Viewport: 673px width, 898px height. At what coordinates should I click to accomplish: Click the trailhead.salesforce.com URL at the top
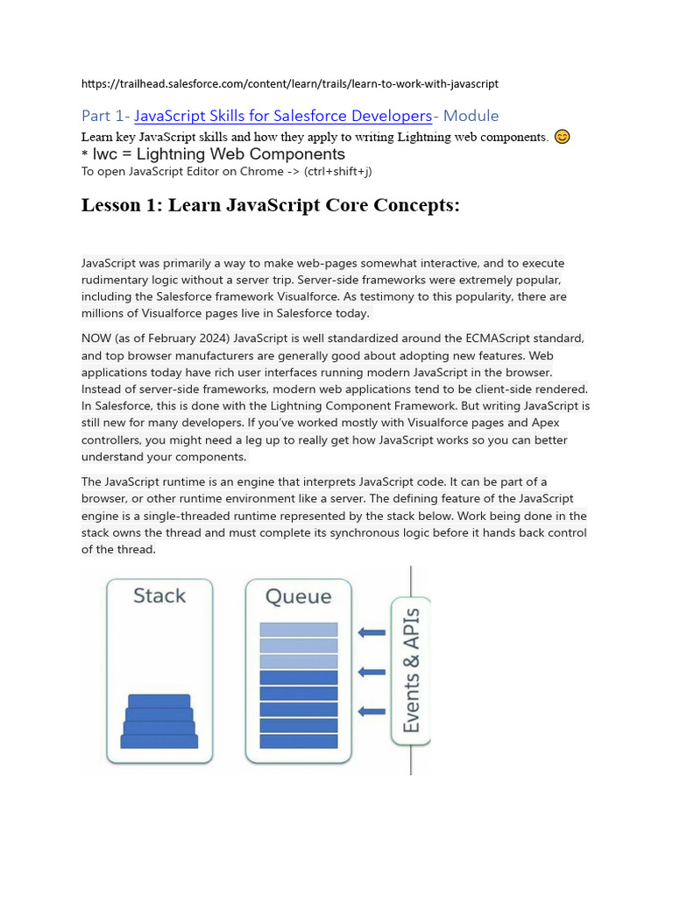[289, 84]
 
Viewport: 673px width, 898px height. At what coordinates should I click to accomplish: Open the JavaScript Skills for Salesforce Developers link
[283, 116]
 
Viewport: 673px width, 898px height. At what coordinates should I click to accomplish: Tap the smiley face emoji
[563, 137]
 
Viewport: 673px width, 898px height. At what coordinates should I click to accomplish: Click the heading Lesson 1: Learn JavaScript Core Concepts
[270, 205]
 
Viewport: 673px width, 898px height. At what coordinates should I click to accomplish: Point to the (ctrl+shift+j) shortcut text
[338, 171]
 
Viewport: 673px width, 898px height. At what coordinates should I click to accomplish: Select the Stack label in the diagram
[159, 596]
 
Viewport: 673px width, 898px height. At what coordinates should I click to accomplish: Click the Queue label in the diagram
[299, 596]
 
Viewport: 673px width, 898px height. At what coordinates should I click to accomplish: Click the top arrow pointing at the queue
[372, 632]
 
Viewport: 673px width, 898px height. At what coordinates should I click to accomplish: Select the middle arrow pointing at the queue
[372, 672]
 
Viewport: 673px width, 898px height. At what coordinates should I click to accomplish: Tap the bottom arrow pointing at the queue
[372, 711]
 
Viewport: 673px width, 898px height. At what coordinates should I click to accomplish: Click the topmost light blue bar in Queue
[299, 630]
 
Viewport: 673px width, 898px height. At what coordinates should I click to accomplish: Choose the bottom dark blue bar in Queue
[299, 741]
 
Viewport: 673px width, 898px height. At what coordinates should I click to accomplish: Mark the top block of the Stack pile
[159, 701]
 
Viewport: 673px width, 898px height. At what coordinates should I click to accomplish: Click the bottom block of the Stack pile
[159, 741]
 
